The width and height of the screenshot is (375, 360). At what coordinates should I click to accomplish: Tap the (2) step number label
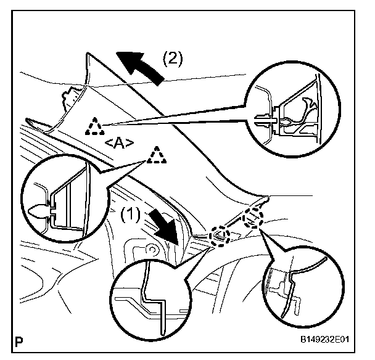point(173,59)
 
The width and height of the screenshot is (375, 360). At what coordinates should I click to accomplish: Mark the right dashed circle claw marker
point(253,218)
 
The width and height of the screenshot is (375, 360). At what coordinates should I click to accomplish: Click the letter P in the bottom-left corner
point(23,338)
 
